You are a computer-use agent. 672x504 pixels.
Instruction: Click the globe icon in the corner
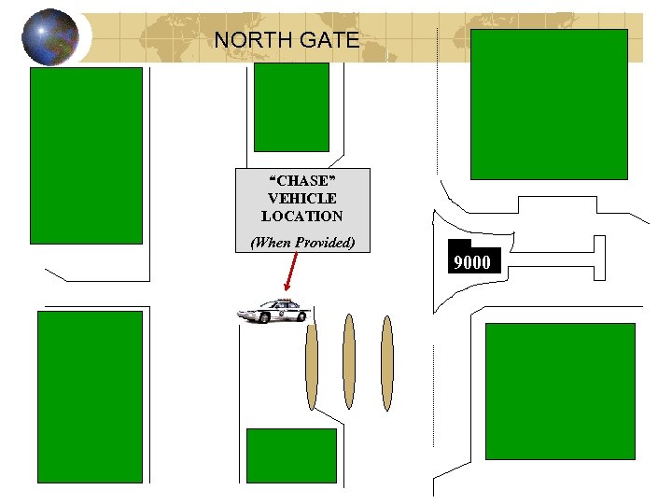point(49,37)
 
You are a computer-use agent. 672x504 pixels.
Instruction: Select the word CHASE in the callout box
point(301,181)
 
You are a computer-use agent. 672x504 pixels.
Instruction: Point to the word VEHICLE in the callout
point(301,199)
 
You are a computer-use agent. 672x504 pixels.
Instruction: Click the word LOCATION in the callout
point(301,217)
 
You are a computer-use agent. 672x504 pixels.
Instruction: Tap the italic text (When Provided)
point(301,243)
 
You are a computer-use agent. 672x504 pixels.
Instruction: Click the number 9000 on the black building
point(471,262)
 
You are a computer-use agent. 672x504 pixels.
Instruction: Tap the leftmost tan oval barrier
point(312,362)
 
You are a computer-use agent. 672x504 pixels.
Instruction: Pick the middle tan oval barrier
point(349,362)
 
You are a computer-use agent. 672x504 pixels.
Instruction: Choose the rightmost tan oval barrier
point(387,362)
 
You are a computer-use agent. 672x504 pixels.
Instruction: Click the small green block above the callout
point(291,106)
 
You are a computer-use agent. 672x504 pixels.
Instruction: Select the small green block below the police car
point(290,455)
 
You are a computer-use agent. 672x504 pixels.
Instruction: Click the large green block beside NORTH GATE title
point(548,104)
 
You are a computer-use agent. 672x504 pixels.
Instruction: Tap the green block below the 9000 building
point(560,391)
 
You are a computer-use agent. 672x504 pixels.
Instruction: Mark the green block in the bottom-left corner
point(90,397)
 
